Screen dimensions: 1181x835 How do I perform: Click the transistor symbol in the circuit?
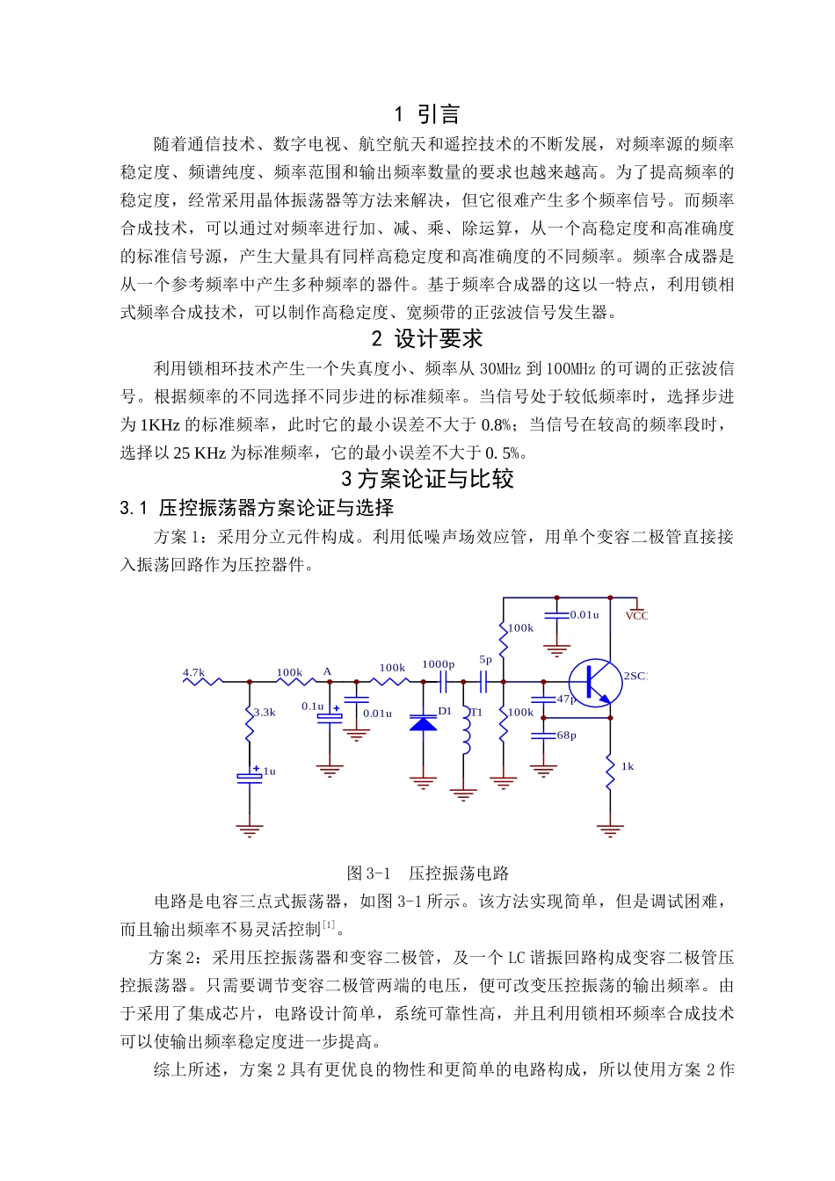pos(595,682)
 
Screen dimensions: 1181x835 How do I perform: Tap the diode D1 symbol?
pos(424,723)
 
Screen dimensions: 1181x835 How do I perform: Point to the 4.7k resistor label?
pos(193,673)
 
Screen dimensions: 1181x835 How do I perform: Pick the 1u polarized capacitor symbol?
pos(250,776)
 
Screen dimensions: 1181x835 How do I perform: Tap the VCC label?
pos(636,616)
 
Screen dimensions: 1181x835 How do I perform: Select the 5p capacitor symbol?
pos(483,681)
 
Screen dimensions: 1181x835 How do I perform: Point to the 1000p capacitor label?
pos(438,665)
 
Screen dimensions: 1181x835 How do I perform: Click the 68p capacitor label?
pos(567,735)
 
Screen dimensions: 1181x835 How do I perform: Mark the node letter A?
pos(327,672)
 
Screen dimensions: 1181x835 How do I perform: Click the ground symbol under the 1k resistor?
pos(610,830)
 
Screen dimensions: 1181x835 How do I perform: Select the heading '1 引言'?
pos(427,114)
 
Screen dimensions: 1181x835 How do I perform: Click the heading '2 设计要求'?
pos(427,339)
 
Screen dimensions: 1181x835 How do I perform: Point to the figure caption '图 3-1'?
pos(368,873)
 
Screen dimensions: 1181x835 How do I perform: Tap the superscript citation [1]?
pos(329,924)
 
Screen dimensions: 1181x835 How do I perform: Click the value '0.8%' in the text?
pos(497,425)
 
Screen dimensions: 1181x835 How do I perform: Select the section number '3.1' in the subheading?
pos(134,508)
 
